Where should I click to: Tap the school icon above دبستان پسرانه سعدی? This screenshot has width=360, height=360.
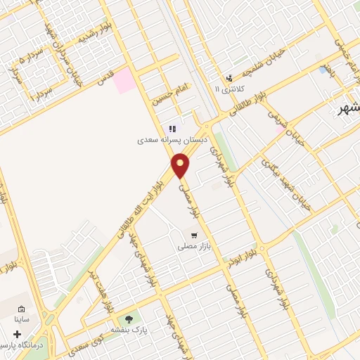coord(172,129)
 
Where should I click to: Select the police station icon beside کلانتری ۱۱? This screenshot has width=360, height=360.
coord(229,78)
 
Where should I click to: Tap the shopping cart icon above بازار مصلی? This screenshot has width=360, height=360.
coord(193,235)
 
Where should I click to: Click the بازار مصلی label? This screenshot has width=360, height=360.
coord(193,247)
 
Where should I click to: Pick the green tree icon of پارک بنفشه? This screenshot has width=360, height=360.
coord(129,318)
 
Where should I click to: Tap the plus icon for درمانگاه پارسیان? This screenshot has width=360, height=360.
coord(17,334)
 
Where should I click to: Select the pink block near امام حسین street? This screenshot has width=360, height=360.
coord(126,80)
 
